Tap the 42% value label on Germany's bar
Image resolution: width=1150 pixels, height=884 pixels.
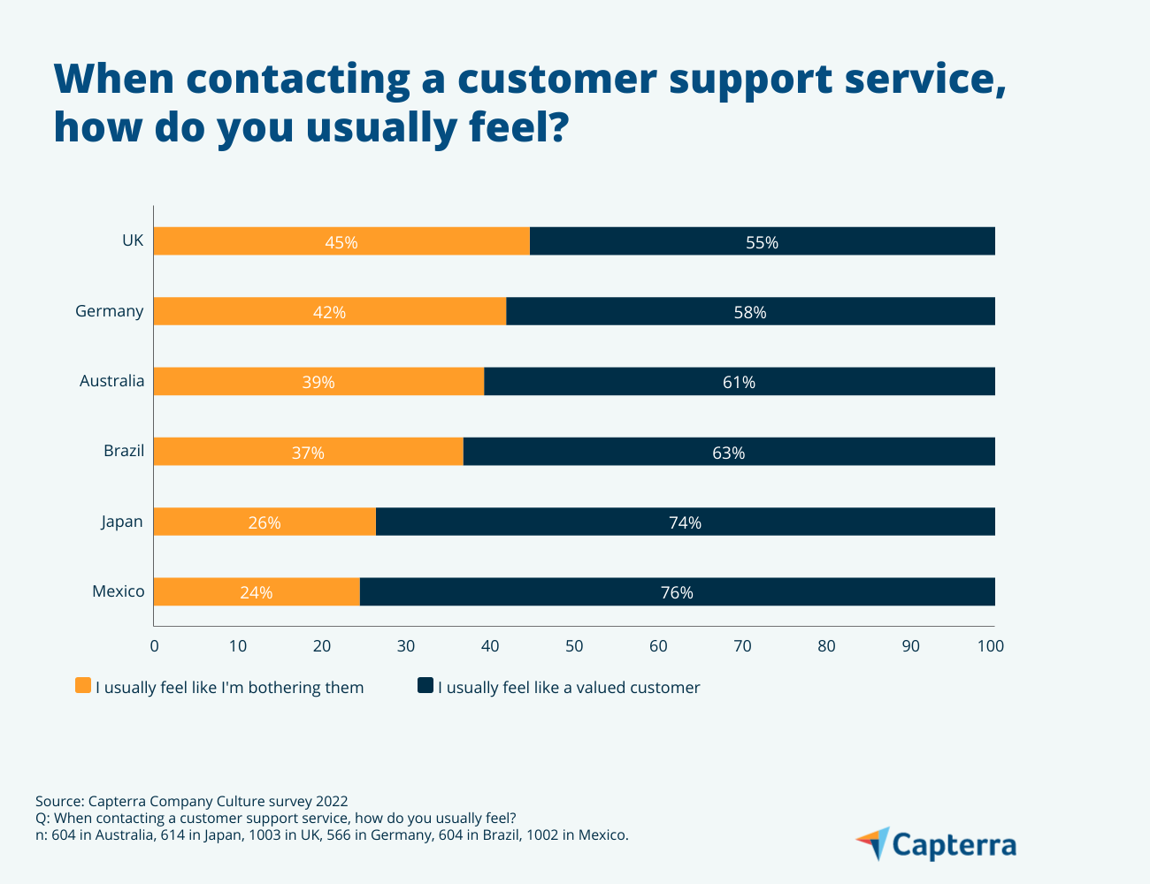pyautogui.click(x=329, y=312)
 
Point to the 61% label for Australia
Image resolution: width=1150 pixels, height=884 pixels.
pyautogui.click(x=739, y=382)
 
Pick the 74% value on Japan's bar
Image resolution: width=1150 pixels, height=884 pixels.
pyautogui.click(x=685, y=522)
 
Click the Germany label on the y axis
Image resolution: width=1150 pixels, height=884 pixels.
pyautogui.click(x=109, y=311)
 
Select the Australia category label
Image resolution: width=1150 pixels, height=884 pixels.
pyautogui.click(x=111, y=381)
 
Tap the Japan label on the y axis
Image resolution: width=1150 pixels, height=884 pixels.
pyautogui.click(x=121, y=522)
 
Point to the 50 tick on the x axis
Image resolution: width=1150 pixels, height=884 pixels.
pyautogui.click(x=574, y=646)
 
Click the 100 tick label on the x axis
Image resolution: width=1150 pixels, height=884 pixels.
pyautogui.click(x=991, y=646)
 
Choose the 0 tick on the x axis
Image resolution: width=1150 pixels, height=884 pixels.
pyautogui.click(x=155, y=646)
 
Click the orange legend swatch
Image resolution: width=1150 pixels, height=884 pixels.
pyautogui.click(x=83, y=686)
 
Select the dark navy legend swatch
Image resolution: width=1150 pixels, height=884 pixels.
pyautogui.click(x=425, y=686)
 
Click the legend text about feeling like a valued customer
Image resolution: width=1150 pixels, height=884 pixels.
pyautogui.click(x=569, y=688)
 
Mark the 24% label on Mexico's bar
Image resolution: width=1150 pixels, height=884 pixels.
pyautogui.click(x=256, y=592)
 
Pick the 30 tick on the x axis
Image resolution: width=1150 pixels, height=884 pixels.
pyautogui.click(x=406, y=646)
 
